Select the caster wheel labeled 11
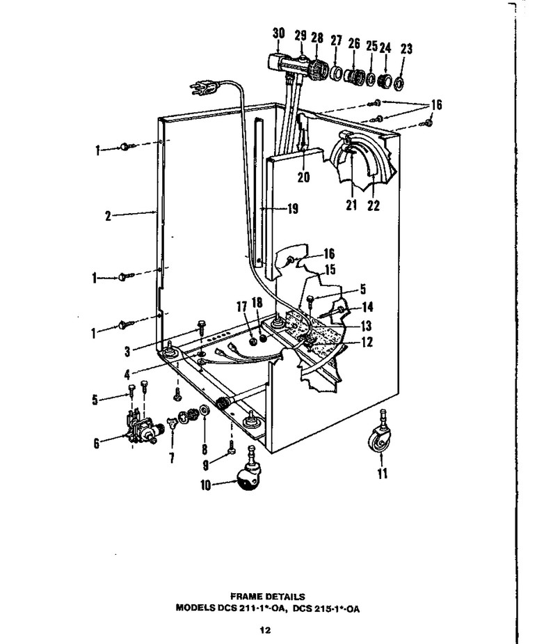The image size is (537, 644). (x=380, y=435)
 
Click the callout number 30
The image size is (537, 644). (x=278, y=33)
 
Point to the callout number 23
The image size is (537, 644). (x=406, y=49)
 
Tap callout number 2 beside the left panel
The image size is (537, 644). (x=109, y=216)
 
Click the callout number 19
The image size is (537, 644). (x=293, y=209)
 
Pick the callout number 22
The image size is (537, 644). (x=374, y=205)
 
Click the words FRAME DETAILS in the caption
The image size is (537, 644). (x=268, y=597)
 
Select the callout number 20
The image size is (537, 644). (x=303, y=178)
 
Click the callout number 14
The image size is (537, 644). (x=367, y=306)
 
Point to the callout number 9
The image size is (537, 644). (x=206, y=464)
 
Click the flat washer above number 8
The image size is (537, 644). (x=203, y=410)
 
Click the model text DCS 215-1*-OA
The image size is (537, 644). (x=326, y=608)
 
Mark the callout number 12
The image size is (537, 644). (x=367, y=342)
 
